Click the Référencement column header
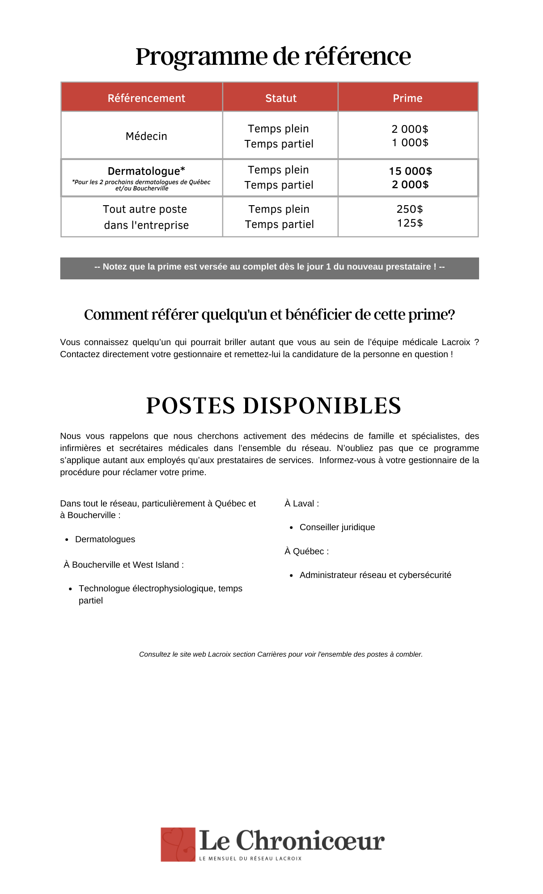[146, 98]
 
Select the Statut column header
[281, 98]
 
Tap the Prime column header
[407, 98]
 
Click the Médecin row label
[146, 136]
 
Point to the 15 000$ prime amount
[410, 171]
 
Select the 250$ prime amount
[410, 209]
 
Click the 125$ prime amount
[410, 223]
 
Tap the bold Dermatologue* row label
[146, 171]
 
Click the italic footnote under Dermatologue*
[141, 185]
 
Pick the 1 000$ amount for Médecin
[410, 143]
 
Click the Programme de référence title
[273, 57]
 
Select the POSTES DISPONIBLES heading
[273, 406]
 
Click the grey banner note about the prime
[269, 267]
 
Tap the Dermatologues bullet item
[105, 540]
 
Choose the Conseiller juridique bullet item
[337, 527]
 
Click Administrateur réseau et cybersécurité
[375, 575]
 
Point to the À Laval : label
[302, 504]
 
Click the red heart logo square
[178, 844]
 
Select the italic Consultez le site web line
[281, 654]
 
